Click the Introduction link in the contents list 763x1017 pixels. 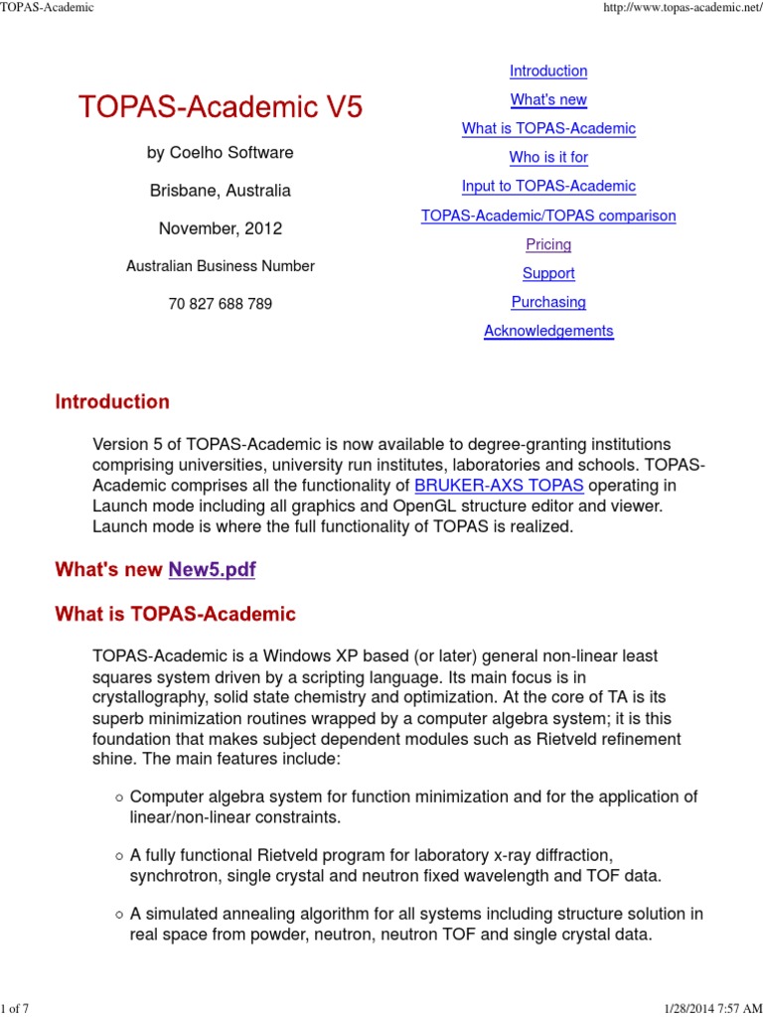coord(548,72)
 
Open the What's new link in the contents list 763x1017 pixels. coord(548,100)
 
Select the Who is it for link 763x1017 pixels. coord(548,158)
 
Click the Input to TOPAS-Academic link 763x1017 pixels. coord(548,187)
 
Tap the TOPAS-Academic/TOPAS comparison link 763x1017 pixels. coord(548,216)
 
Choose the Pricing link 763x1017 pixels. coord(548,244)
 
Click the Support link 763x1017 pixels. coord(548,273)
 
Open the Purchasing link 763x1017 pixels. coord(548,302)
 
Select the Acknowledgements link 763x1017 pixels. coord(548,331)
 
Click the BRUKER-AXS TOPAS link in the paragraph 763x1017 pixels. coord(499,486)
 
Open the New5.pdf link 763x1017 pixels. coord(213,569)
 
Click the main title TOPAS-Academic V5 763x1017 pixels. coord(221,108)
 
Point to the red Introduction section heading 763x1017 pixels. coord(112,402)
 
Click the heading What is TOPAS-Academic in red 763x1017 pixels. coord(175,614)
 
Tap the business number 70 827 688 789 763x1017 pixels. coord(221,304)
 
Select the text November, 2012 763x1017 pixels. coord(221,228)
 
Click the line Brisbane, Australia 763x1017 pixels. coord(221,191)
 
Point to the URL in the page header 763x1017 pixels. coord(695,8)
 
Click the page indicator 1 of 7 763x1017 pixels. coord(15,1009)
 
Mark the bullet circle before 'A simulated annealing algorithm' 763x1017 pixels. coord(118,914)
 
